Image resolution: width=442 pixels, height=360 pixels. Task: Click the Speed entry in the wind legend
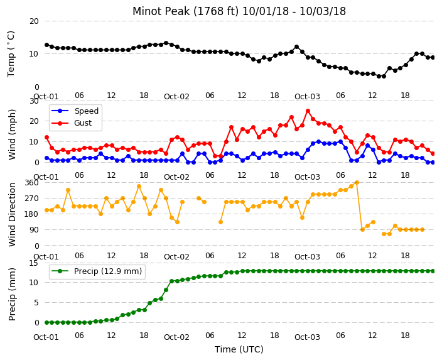86,111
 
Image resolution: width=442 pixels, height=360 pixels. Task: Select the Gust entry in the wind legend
83,123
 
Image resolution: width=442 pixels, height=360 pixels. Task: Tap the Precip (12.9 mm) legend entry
108,271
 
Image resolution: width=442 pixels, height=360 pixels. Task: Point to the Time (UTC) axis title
239,349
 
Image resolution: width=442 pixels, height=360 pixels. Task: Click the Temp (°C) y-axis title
11,54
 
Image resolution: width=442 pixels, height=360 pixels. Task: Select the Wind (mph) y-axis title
12,134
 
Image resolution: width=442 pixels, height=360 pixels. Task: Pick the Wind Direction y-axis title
12,214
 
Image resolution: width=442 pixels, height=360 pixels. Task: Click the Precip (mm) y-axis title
12,294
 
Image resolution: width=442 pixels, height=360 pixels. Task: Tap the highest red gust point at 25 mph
308,111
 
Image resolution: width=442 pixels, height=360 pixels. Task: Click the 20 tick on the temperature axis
34,21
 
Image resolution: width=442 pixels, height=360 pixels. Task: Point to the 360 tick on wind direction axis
31,183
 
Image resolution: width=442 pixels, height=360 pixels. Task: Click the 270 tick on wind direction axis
31,199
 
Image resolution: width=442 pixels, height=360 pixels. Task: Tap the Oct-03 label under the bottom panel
307,337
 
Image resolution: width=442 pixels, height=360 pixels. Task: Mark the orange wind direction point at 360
357,183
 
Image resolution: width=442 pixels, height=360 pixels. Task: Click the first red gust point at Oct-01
47,138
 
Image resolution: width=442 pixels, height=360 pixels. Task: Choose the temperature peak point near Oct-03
296,47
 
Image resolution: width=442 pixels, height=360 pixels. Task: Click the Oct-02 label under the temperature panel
177,97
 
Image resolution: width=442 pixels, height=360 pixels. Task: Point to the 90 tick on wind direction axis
34,230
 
